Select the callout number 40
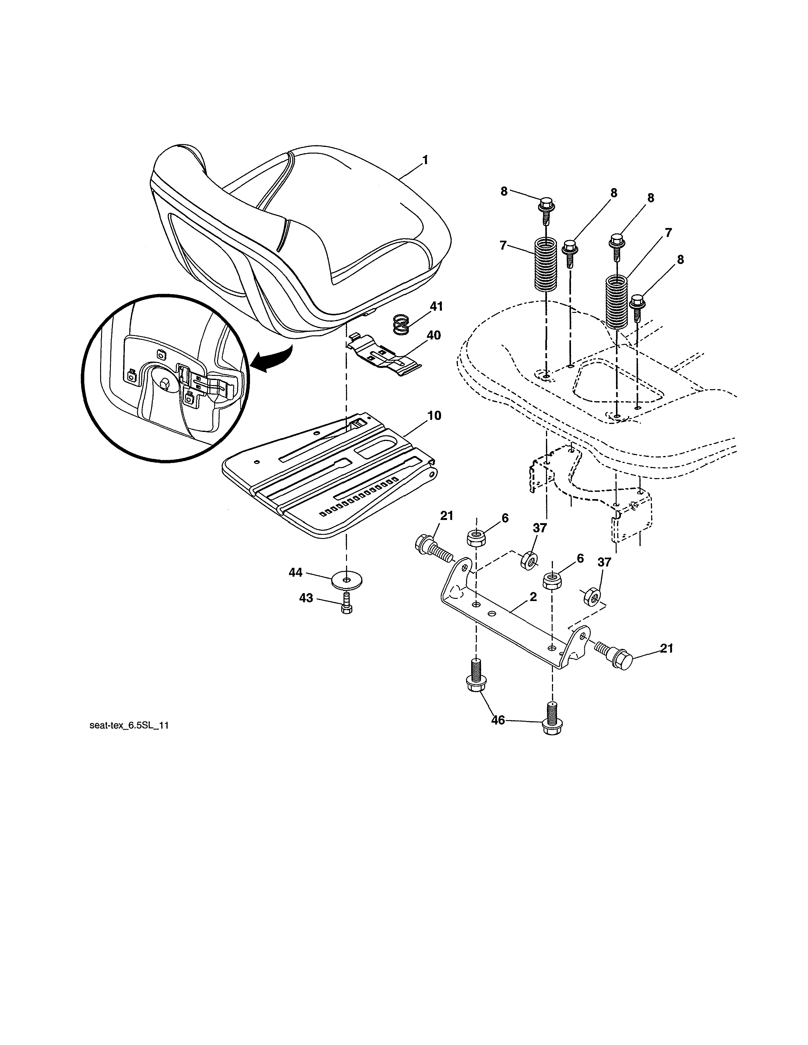coord(433,335)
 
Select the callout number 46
coord(498,733)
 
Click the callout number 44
coord(295,572)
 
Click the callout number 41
coord(436,306)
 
